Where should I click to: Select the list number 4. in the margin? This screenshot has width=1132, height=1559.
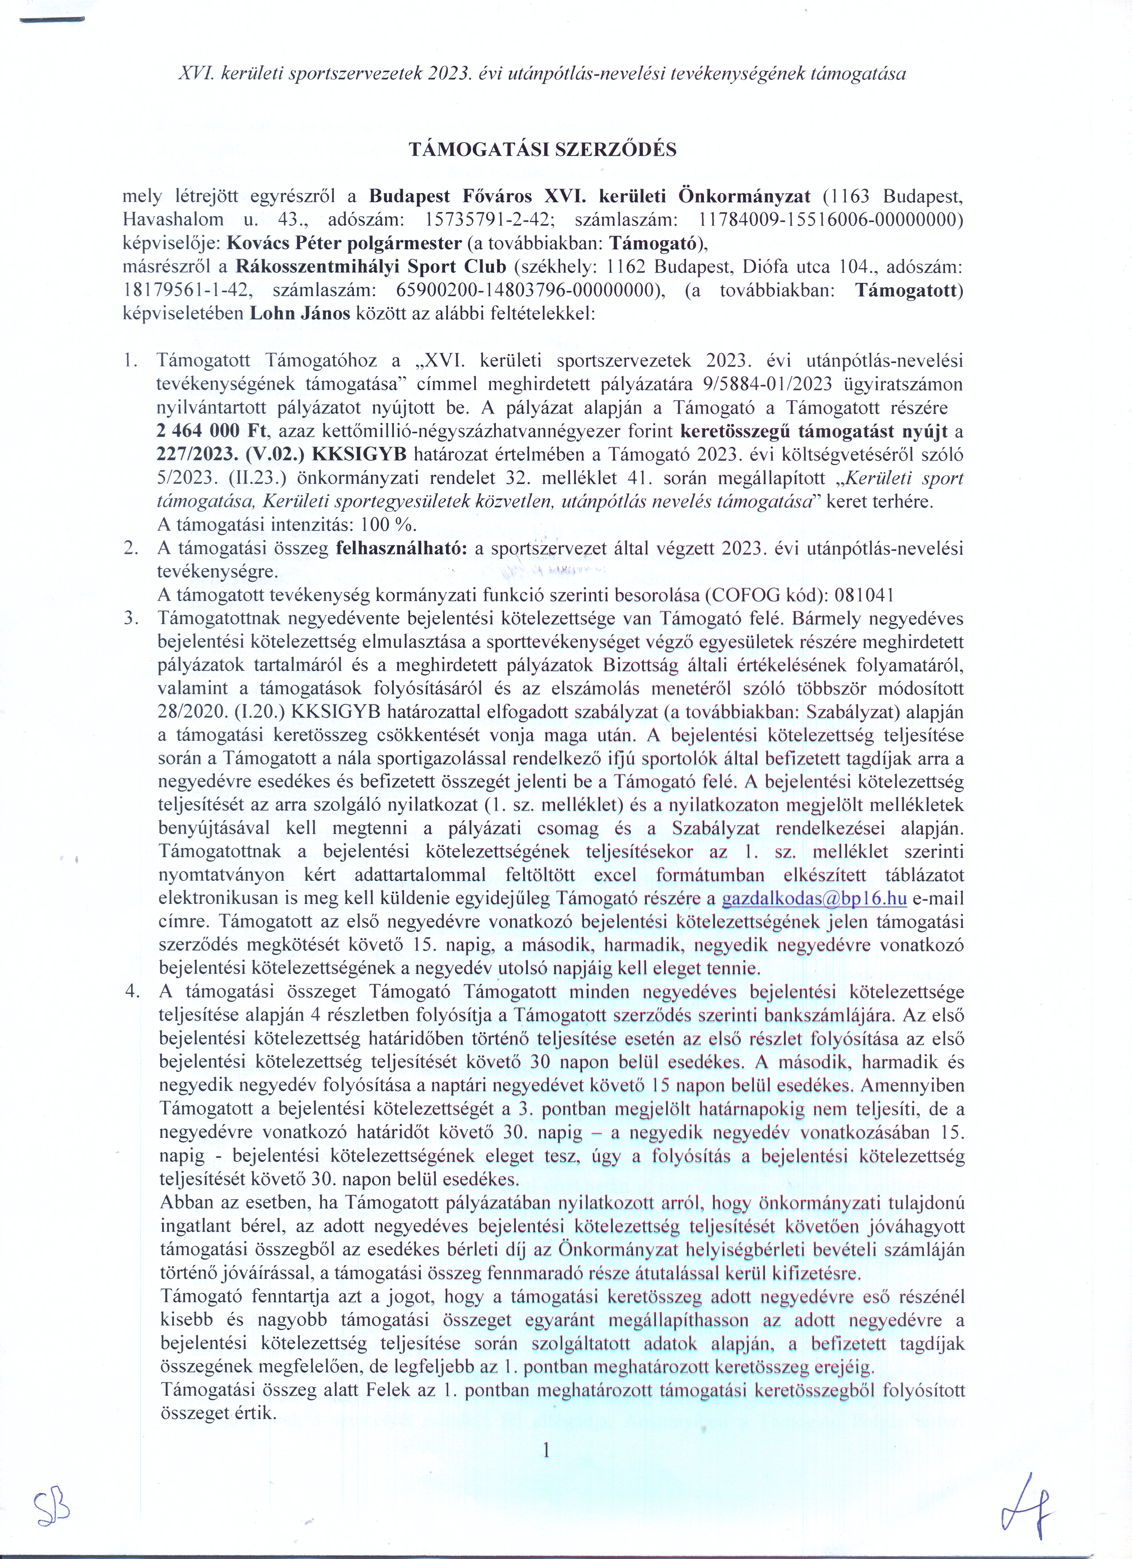(x=132, y=992)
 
